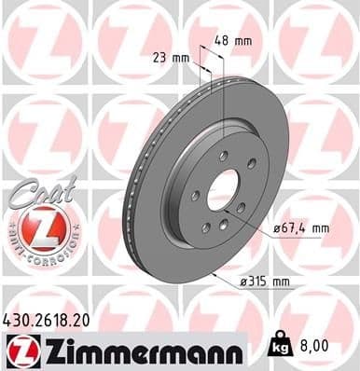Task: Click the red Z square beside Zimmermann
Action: pyautogui.click(x=20, y=349)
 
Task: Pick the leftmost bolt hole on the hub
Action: pyautogui.click(x=195, y=197)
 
